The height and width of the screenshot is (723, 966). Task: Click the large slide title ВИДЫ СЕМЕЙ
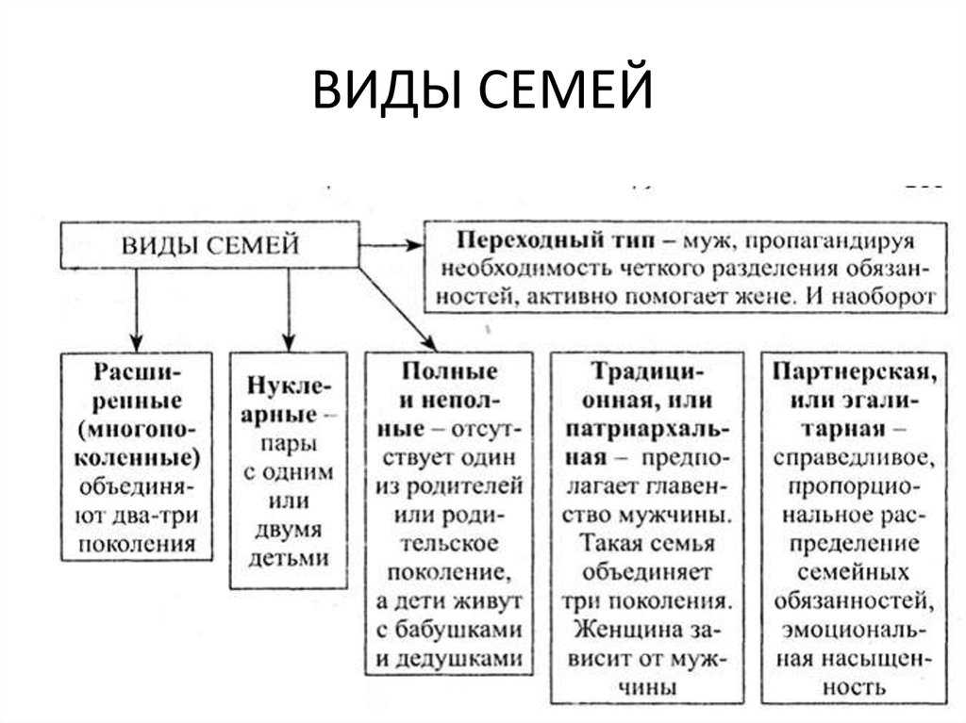[x=482, y=90]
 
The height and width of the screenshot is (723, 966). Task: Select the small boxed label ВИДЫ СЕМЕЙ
[x=210, y=244]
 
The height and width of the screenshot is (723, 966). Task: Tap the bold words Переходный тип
[x=556, y=239]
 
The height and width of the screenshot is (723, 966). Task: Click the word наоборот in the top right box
[x=884, y=296]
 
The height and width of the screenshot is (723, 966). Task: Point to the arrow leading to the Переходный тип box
[x=391, y=245]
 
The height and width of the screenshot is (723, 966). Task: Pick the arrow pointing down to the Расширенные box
[x=136, y=310]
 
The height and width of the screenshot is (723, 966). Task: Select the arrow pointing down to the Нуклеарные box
[x=289, y=310]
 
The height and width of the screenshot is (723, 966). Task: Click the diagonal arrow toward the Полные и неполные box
[x=398, y=309]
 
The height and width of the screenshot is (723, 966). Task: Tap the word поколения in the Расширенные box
[x=137, y=545]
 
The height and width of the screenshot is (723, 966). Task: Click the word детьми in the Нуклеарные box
[x=289, y=558]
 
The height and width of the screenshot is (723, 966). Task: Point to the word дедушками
[x=450, y=659]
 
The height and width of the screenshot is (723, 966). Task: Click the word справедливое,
[x=854, y=457]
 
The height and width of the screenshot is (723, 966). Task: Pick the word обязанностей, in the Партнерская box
[x=854, y=601]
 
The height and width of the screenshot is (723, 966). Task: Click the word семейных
[x=854, y=572]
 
